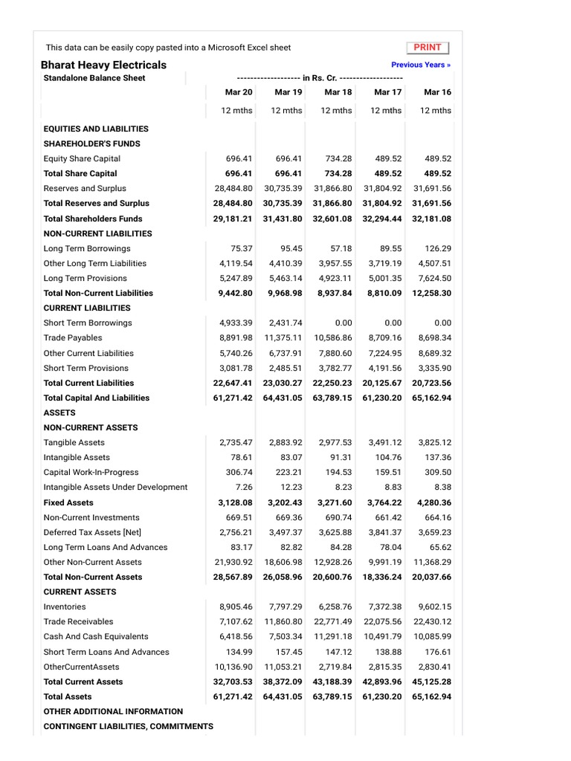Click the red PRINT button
click(x=428, y=48)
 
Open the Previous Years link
click(x=421, y=65)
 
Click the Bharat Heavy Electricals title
click(x=103, y=65)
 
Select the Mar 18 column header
click(x=338, y=92)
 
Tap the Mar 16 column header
click(x=437, y=92)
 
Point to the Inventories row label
click(x=65, y=606)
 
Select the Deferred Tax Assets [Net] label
click(x=92, y=532)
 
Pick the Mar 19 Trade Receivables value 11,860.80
click(x=283, y=621)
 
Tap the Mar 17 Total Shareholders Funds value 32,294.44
click(x=382, y=218)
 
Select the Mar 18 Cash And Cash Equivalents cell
click(x=332, y=636)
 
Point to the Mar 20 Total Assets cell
click(x=233, y=696)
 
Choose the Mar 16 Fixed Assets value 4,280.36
click(x=434, y=502)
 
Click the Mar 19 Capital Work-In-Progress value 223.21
click(x=289, y=472)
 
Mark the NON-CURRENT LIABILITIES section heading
click(x=97, y=233)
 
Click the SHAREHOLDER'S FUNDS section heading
click(x=92, y=143)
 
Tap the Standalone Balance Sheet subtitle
click(x=94, y=78)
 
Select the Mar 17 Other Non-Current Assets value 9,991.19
click(x=385, y=562)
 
